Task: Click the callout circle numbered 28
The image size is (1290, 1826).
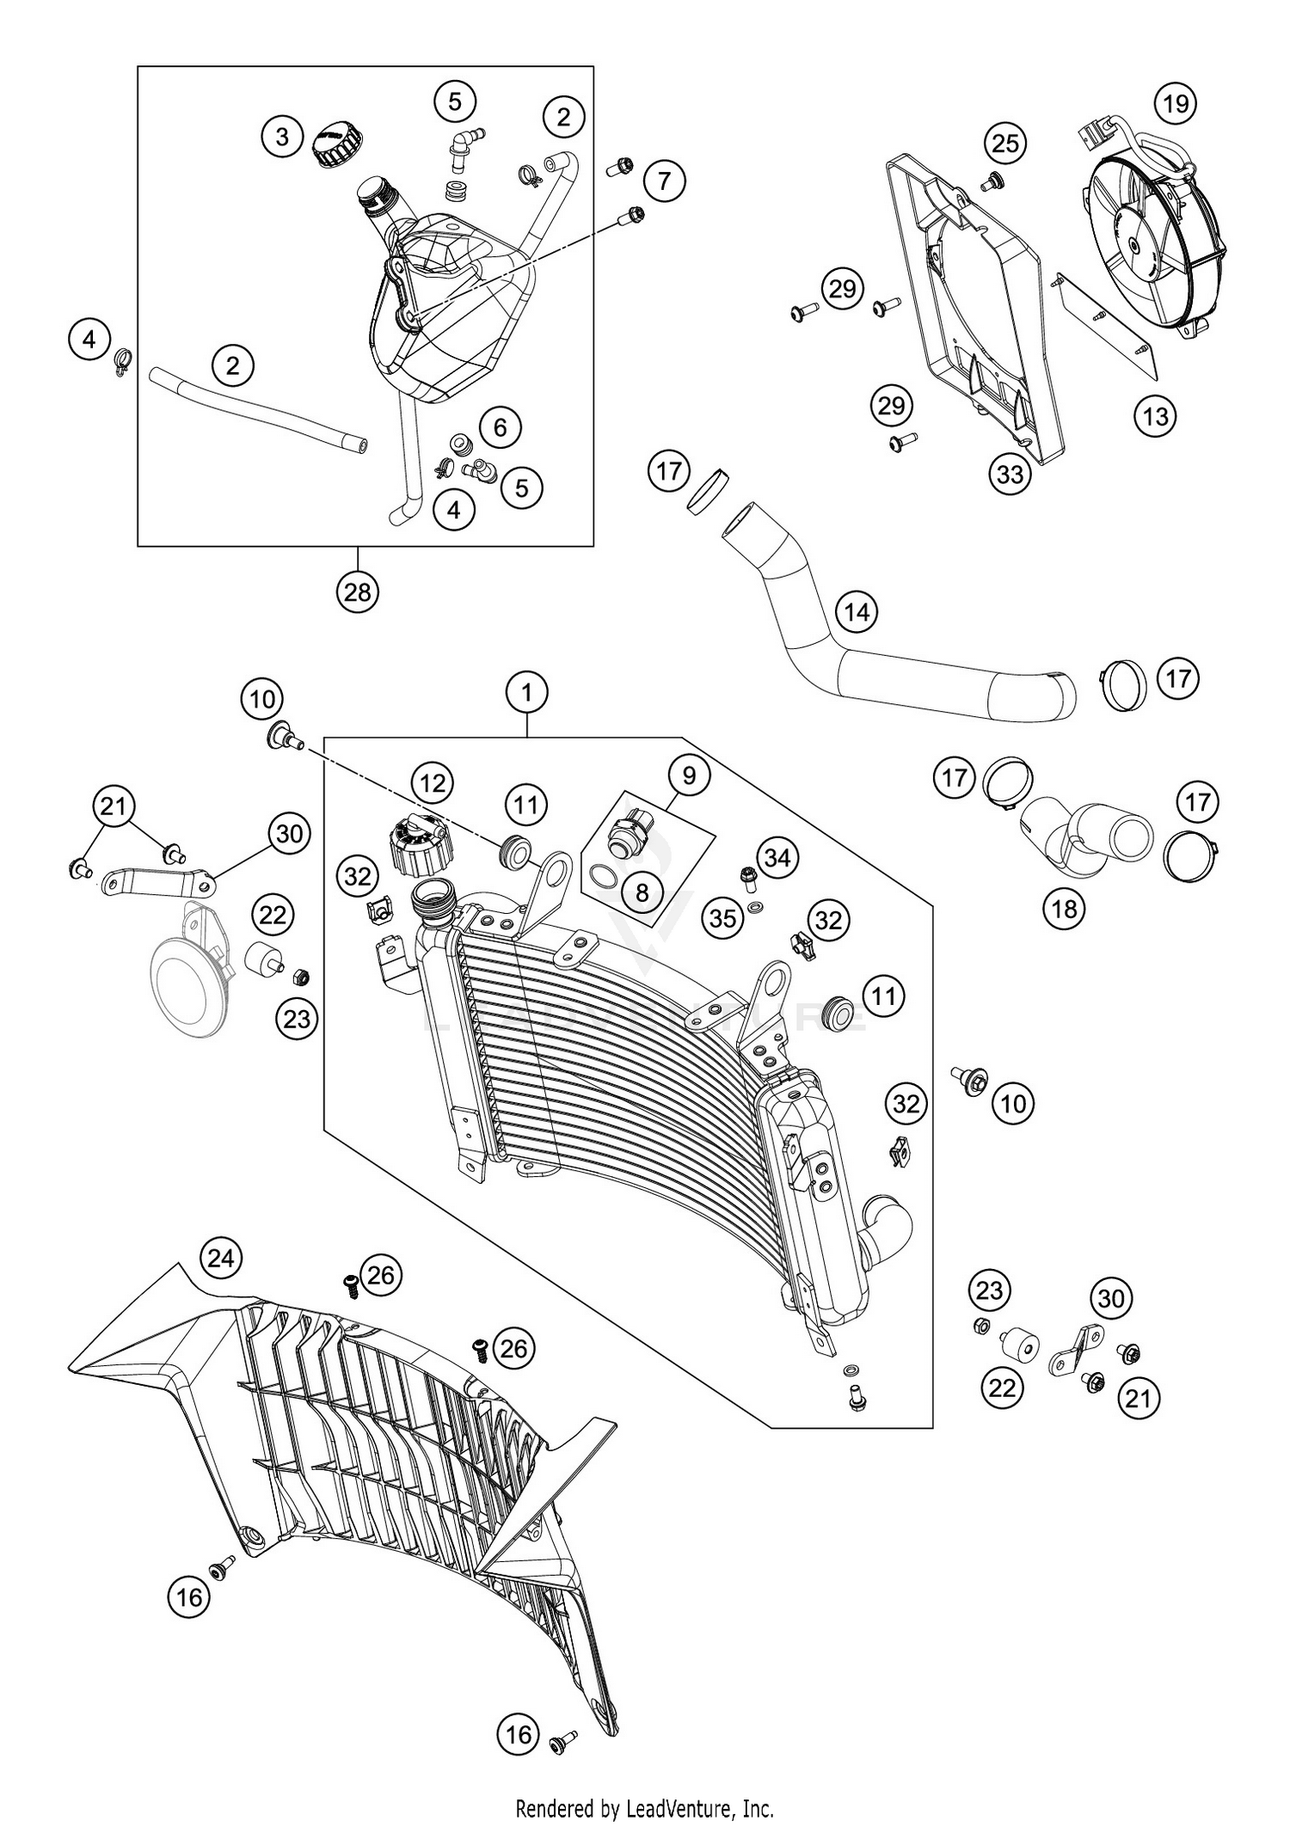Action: [x=357, y=591]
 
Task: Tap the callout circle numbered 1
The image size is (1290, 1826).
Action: [x=527, y=691]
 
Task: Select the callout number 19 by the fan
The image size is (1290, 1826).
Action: [x=1176, y=103]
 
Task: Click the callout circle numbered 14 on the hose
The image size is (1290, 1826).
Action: [x=857, y=612]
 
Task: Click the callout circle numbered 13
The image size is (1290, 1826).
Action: [x=1155, y=416]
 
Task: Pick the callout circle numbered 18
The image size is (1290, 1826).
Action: [x=1065, y=908]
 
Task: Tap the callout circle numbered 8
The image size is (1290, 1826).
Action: [x=642, y=892]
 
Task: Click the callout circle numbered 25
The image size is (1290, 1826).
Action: [x=1004, y=143]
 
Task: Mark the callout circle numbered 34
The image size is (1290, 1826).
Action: [x=777, y=857]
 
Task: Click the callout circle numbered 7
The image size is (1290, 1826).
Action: [x=663, y=181]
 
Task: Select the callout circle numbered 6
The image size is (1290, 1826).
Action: [x=501, y=426]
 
